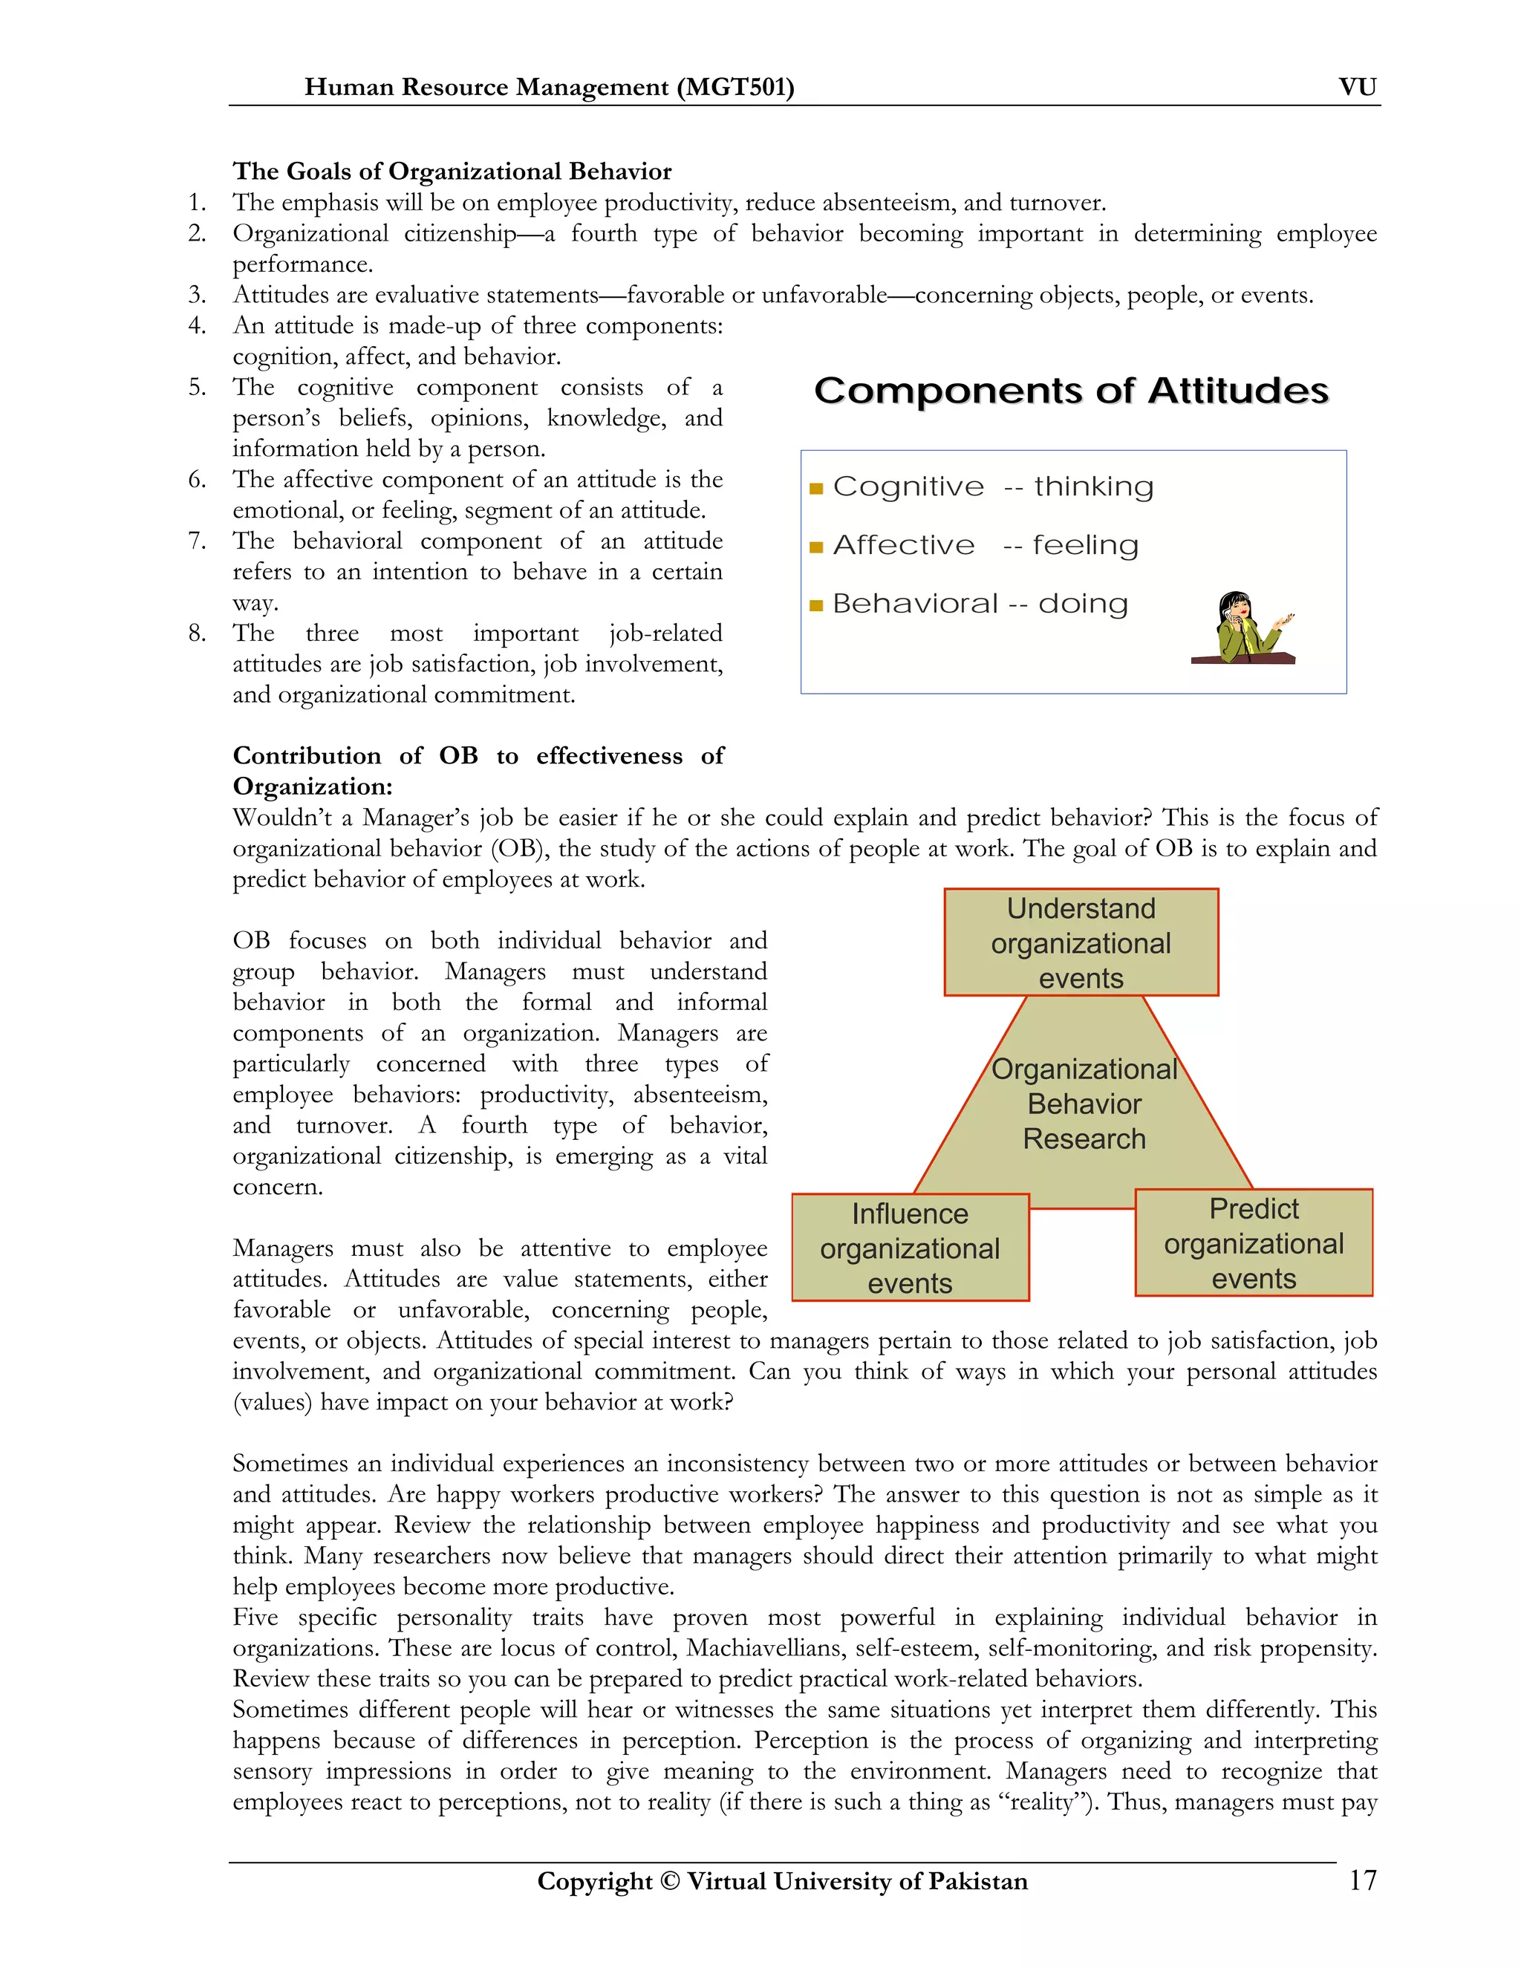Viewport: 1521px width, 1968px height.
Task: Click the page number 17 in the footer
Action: (1361, 1880)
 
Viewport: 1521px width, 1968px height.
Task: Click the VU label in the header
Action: (1357, 88)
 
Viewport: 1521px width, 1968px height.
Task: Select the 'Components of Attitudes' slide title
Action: (1070, 391)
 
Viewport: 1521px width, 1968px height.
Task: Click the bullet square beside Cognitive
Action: (816, 489)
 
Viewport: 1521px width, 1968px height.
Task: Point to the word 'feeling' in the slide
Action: (1085, 545)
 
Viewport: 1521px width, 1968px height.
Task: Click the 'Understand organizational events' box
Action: (1081, 942)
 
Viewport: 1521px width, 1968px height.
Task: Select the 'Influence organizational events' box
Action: (909, 1248)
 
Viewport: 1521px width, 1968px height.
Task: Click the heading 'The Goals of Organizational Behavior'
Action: (452, 172)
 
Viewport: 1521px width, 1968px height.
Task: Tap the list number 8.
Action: (196, 633)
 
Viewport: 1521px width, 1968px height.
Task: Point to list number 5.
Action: (196, 388)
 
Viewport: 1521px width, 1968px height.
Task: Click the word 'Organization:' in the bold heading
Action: (312, 786)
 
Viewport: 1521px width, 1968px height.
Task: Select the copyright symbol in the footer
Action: (668, 1882)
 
